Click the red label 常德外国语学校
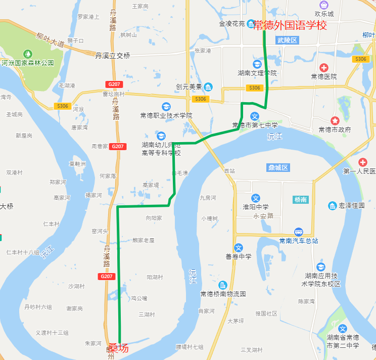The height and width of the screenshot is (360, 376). [x=290, y=25]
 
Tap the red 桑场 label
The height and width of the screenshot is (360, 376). [x=118, y=348]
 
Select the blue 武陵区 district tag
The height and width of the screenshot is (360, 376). [x=288, y=40]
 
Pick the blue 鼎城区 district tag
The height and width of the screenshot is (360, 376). [x=278, y=167]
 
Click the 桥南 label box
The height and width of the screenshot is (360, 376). [x=300, y=200]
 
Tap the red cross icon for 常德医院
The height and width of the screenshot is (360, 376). [x=323, y=67]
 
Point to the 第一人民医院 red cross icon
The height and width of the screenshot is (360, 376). [x=362, y=162]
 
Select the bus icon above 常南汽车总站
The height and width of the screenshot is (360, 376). [x=299, y=232]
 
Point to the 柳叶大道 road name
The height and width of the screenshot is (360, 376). [x=50, y=39]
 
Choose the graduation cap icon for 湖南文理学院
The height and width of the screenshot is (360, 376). [x=257, y=64]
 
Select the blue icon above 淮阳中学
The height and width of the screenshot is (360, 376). [x=256, y=198]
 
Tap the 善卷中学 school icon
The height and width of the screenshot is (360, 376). [x=239, y=248]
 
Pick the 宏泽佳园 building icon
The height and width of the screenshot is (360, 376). [x=333, y=206]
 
